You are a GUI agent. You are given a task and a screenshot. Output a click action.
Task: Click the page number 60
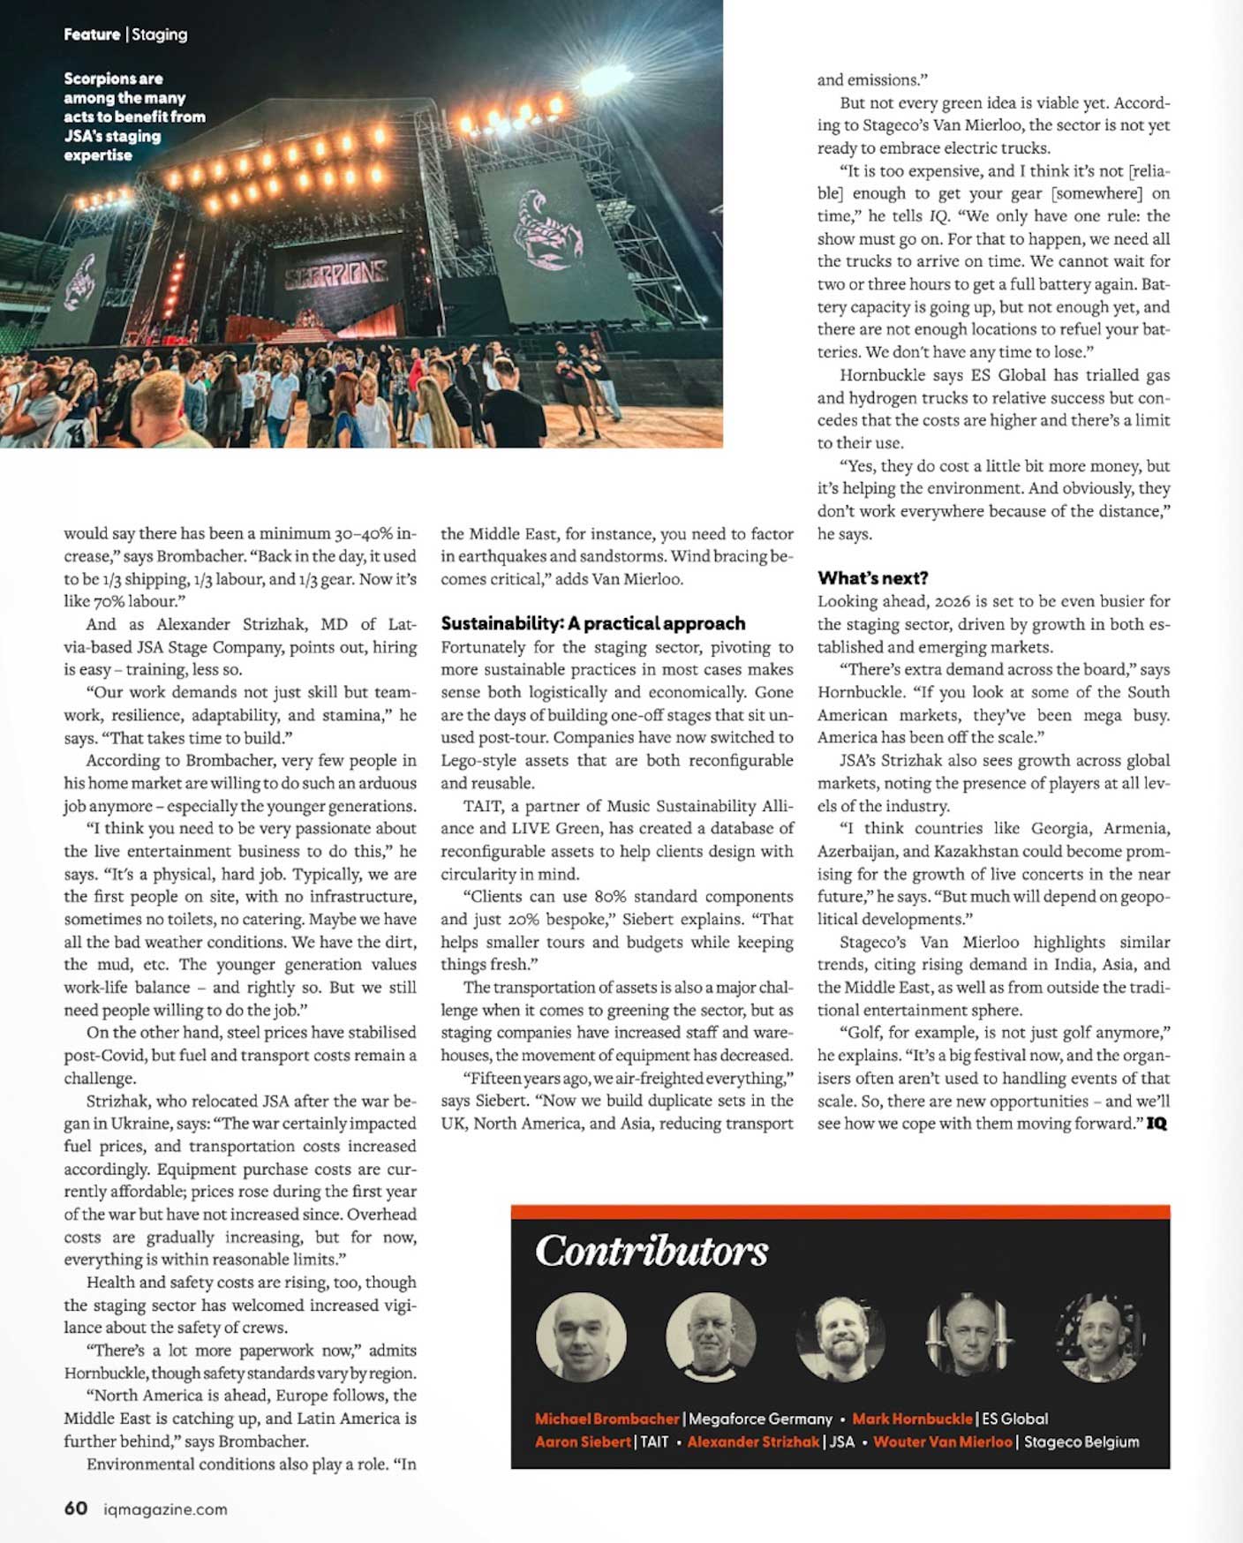pyautogui.click(x=75, y=1508)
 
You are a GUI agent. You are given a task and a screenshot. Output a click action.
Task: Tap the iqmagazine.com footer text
pyautogui.click(x=165, y=1509)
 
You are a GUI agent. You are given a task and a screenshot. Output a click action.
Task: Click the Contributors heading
pyautogui.click(x=652, y=1250)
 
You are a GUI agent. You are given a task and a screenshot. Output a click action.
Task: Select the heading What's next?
pyautogui.click(x=872, y=578)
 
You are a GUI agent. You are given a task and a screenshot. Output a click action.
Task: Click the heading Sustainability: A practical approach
pyautogui.click(x=592, y=623)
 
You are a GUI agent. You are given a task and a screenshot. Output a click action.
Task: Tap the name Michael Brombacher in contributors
pyautogui.click(x=606, y=1419)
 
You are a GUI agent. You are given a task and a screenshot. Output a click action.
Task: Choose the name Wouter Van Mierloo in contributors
pyautogui.click(x=942, y=1441)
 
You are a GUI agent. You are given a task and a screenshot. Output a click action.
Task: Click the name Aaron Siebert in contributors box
pyautogui.click(x=583, y=1441)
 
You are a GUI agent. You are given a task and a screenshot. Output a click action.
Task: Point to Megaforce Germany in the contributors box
pyautogui.click(x=760, y=1419)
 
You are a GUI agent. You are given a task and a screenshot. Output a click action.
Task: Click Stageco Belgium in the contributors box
pyautogui.click(x=1081, y=1441)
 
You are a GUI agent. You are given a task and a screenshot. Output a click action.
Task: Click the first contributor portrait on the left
pyautogui.click(x=581, y=1336)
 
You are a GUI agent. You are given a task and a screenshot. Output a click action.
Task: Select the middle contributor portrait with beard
pyautogui.click(x=840, y=1338)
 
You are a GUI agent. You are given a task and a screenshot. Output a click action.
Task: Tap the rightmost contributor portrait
pyautogui.click(x=1099, y=1338)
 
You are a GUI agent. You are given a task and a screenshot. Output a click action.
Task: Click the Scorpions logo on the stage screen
pyautogui.click(x=336, y=276)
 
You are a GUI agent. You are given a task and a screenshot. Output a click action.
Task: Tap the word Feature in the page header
pyautogui.click(x=92, y=34)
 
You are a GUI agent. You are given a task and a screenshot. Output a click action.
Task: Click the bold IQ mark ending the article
pyautogui.click(x=1156, y=1124)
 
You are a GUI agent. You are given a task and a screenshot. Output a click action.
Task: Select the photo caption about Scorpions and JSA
pyautogui.click(x=134, y=117)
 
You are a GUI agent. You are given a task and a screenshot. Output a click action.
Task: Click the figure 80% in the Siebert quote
pyautogui.click(x=611, y=897)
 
